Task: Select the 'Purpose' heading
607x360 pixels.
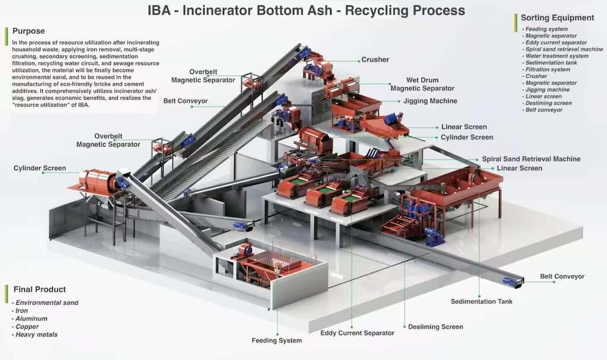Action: point(28,31)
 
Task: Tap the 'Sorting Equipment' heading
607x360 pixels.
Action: point(557,18)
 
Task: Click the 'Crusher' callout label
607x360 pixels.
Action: point(375,59)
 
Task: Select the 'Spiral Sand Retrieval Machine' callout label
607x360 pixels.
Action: point(531,159)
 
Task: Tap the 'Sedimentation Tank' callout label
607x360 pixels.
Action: point(481,301)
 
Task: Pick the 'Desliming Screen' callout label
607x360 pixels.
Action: point(435,327)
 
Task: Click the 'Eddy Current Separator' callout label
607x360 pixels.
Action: point(357,333)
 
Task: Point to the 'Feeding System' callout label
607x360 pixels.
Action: point(277,340)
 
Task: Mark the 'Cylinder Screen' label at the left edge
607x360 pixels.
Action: point(40,168)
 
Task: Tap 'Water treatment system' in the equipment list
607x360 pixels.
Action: point(557,56)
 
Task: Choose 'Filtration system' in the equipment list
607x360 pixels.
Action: point(548,69)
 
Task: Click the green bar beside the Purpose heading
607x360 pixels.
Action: point(7,31)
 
